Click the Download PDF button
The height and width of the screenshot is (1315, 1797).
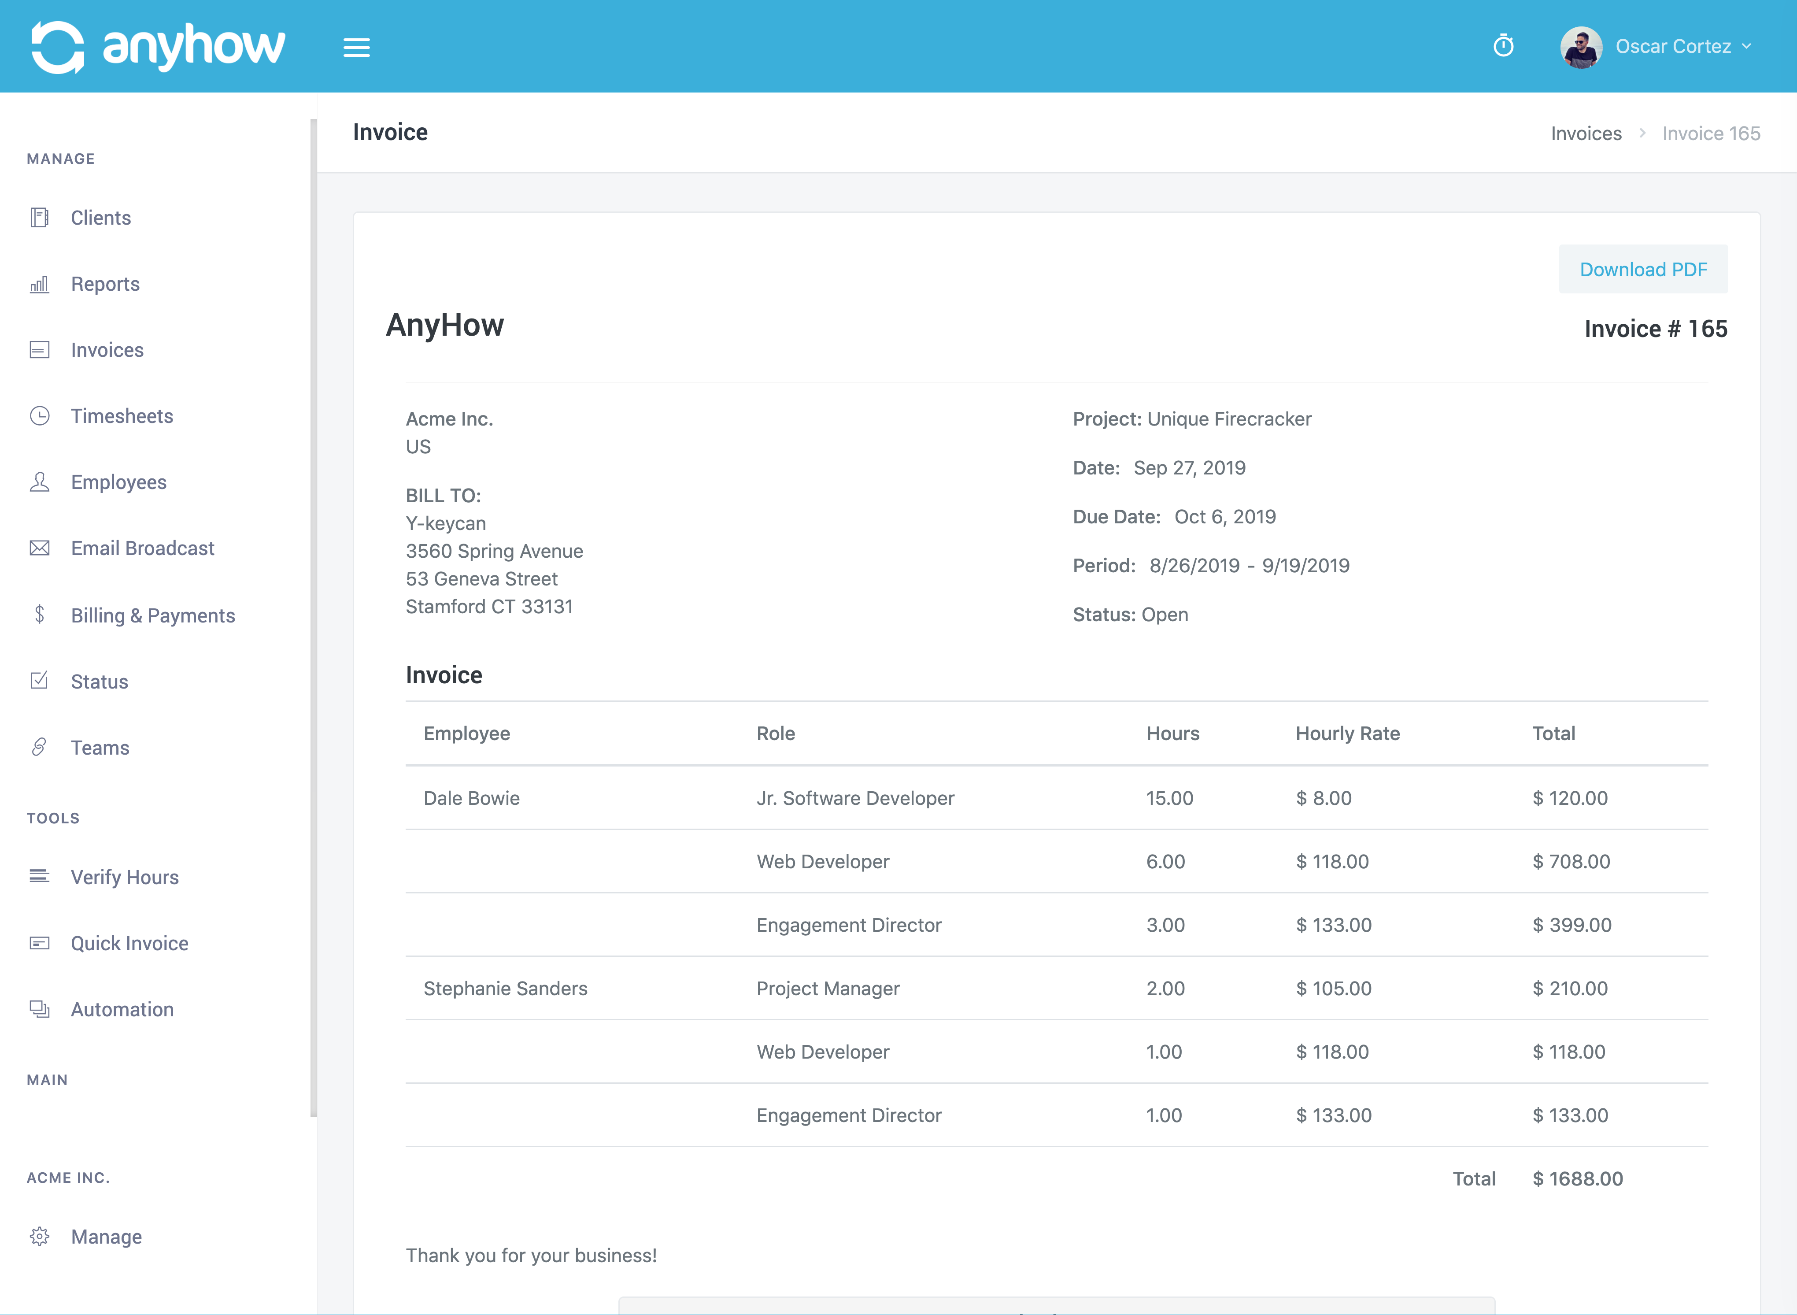[x=1642, y=270]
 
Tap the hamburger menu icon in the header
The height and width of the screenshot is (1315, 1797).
[x=356, y=48]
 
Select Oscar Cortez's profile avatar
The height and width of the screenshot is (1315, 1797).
[x=1581, y=47]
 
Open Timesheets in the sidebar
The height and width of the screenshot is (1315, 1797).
[x=121, y=416]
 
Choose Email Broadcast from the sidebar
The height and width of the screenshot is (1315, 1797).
[x=142, y=548]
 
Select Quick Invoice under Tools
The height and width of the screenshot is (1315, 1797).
[x=129, y=943]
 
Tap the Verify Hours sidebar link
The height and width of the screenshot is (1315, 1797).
[x=124, y=877]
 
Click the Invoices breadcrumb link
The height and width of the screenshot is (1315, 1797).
[x=1585, y=134]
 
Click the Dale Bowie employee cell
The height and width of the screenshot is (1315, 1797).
[x=471, y=798]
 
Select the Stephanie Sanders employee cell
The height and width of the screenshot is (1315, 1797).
[x=505, y=989]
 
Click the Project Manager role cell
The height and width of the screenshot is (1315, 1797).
[x=828, y=989]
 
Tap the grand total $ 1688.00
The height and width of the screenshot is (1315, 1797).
[x=1577, y=1179]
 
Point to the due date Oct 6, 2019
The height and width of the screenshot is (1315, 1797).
[x=1225, y=517]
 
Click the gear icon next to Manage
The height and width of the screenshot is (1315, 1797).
[x=40, y=1236]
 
